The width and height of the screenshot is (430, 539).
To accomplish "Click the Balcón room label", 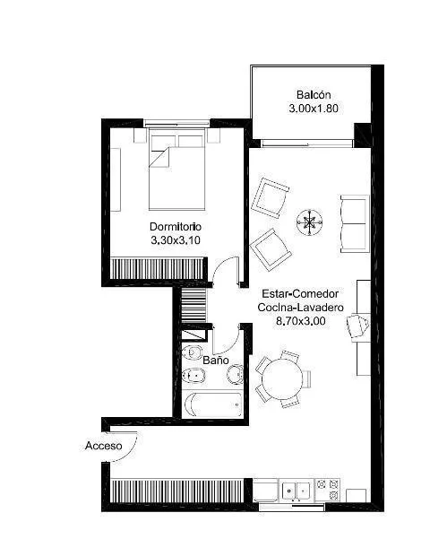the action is [x=314, y=94].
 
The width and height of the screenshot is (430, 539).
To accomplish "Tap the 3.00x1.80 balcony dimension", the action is [x=314, y=109].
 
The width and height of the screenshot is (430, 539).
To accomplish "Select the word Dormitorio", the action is [x=176, y=227].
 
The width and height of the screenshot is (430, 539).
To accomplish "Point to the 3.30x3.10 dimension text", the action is [x=176, y=240].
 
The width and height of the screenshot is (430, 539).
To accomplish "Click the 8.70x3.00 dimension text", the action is [x=301, y=321].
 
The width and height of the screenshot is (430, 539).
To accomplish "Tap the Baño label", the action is [x=216, y=360].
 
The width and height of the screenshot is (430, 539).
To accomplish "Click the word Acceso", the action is [x=103, y=446].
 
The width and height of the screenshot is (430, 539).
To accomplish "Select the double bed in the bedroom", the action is [x=176, y=169].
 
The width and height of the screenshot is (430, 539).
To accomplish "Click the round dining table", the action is [x=282, y=378].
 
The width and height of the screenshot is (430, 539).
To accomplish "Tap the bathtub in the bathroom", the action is [x=212, y=404].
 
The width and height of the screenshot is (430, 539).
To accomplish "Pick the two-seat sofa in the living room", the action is [x=355, y=224].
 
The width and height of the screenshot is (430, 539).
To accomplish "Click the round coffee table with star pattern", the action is [x=309, y=222].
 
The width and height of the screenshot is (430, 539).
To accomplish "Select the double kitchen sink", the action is [x=296, y=490].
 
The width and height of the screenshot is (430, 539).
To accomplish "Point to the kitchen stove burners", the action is [x=328, y=490].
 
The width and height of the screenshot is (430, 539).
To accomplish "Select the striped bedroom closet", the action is [x=158, y=269].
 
